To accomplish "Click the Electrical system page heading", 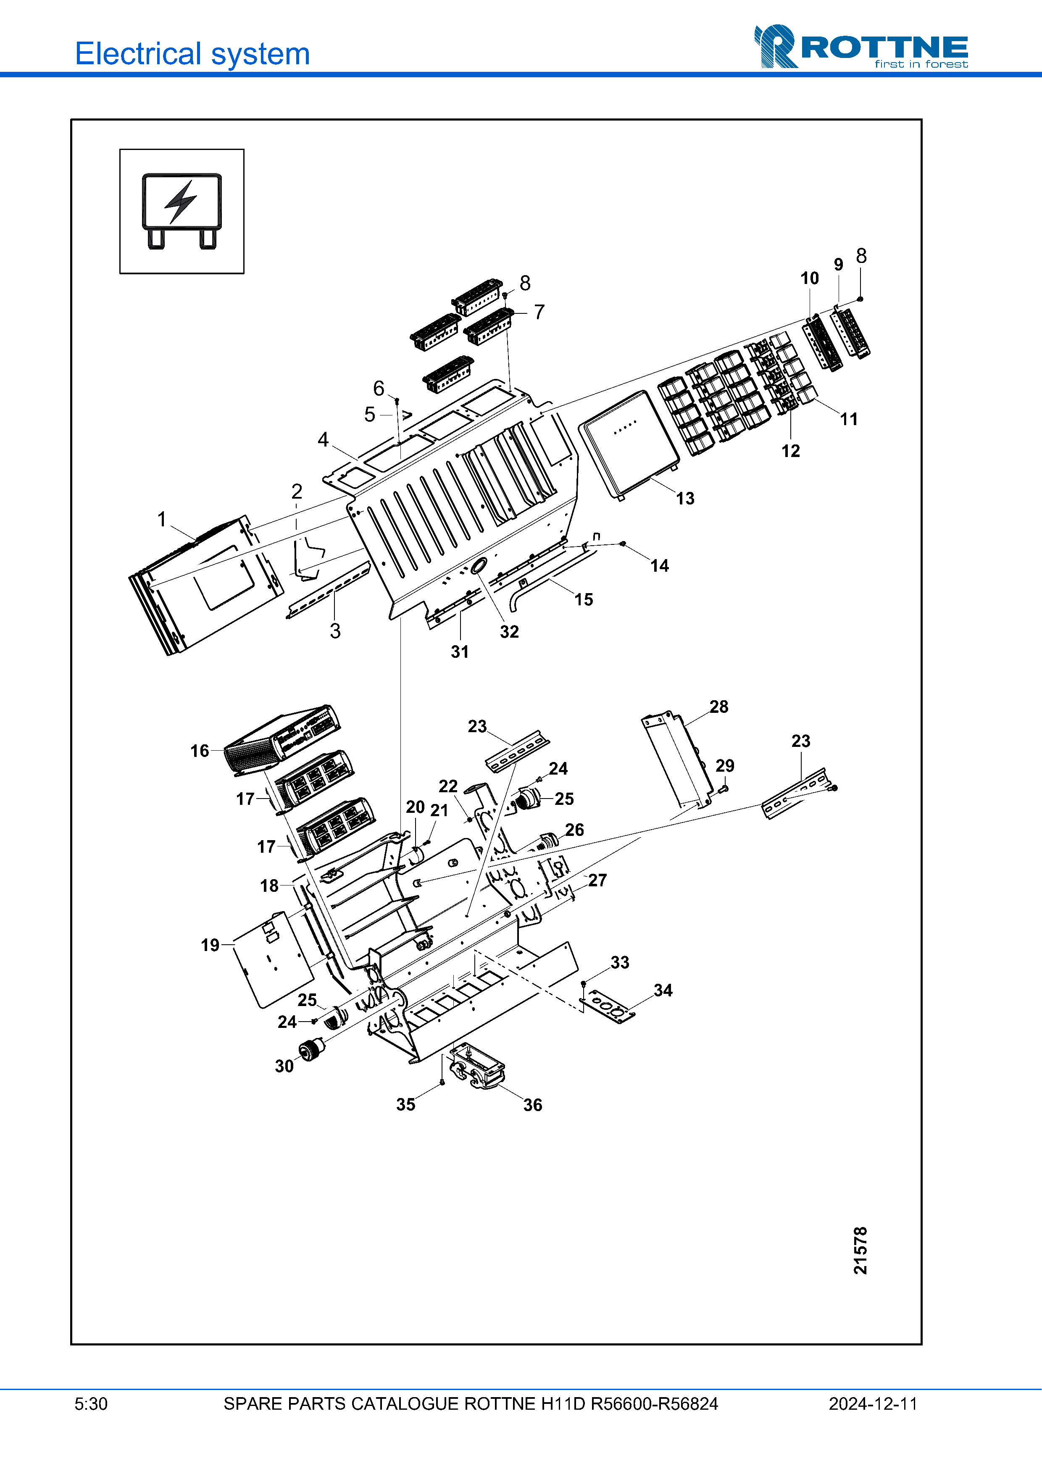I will (x=192, y=54).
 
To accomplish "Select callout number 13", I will (x=684, y=498).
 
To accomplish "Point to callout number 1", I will (x=162, y=519).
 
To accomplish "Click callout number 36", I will (x=532, y=1105).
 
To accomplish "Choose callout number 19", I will (x=210, y=945).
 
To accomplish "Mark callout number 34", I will (x=663, y=991).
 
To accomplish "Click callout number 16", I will (x=200, y=751).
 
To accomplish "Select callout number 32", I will (x=509, y=632).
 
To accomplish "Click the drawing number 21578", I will (x=860, y=1250).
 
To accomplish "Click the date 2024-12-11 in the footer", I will (x=873, y=1404).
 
